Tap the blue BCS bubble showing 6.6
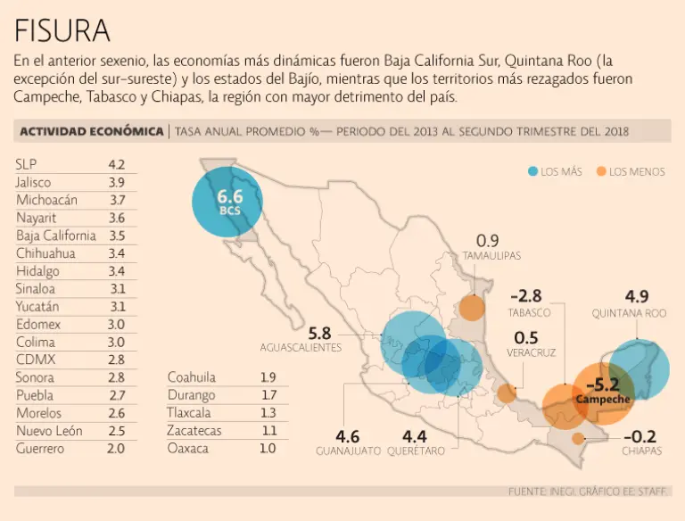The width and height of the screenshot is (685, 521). click(229, 202)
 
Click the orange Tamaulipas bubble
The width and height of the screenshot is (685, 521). click(472, 308)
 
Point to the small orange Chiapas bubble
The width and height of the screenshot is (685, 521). click(579, 438)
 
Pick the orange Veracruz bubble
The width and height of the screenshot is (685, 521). click(507, 393)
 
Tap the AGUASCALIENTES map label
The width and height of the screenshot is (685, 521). click(301, 347)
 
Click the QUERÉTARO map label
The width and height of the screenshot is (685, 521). click(416, 451)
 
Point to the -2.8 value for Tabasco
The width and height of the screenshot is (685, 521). click(525, 296)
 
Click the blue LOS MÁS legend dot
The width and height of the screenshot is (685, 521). click(532, 171)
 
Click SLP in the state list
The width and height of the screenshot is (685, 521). click(26, 164)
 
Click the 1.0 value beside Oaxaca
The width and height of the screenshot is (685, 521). click(268, 449)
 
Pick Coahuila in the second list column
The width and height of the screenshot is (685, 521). click(192, 377)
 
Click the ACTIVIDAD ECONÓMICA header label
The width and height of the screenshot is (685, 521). click(91, 131)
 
